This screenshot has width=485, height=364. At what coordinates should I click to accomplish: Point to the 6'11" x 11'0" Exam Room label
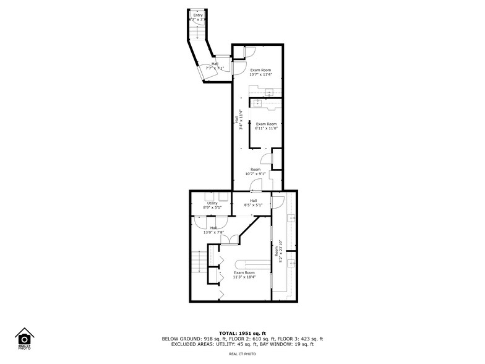(x=267, y=126)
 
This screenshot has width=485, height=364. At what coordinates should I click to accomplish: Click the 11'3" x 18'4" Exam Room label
(x=244, y=275)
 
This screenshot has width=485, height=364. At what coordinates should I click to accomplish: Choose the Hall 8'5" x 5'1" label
(x=254, y=203)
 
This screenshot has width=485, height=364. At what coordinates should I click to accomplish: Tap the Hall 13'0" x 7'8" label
(x=213, y=230)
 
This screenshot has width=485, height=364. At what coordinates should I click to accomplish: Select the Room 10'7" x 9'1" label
(x=255, y=171)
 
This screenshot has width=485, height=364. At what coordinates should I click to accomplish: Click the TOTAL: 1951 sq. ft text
(x=242, y=333)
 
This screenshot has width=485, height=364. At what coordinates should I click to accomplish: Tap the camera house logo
(x=25, y=339)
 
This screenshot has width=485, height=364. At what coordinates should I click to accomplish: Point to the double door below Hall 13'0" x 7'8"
(x=228, y=240)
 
